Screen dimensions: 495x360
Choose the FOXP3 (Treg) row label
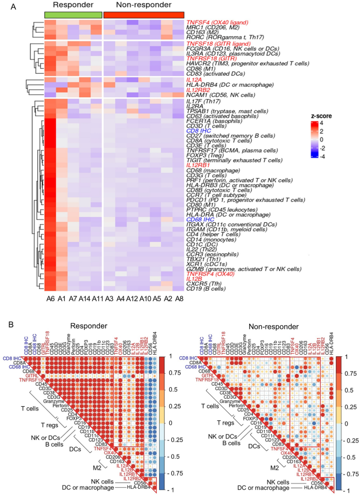205,155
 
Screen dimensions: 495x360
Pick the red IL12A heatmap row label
194,79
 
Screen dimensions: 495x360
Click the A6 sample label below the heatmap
50,298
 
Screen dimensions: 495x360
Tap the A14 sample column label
85,298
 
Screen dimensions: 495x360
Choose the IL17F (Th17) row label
201,105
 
